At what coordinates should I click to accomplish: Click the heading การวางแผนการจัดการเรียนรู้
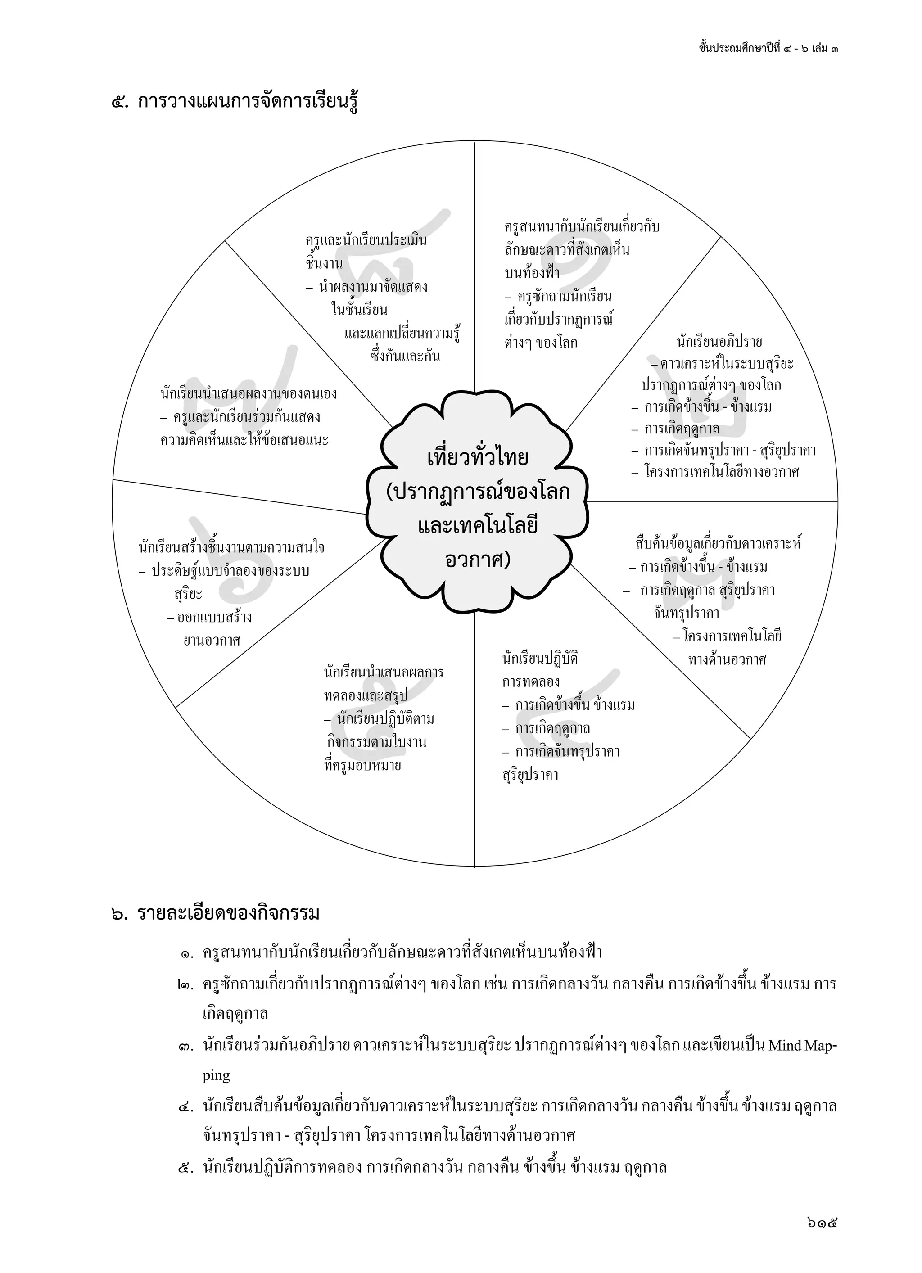pos(248,103)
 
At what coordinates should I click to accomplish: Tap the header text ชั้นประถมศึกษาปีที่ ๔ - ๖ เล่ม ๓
pos(768,48)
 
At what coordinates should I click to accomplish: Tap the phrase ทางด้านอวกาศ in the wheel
pos(727,659)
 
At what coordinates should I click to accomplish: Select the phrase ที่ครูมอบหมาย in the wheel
pos(363,766)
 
